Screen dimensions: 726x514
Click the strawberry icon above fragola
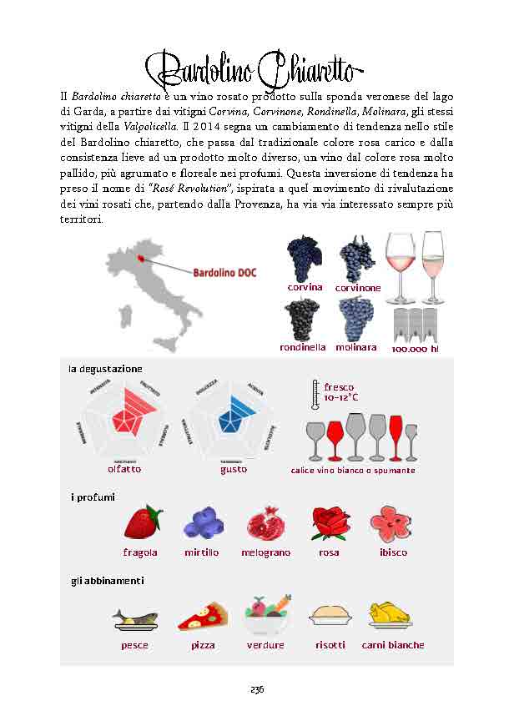[144, 523]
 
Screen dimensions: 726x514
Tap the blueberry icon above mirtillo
[201, 523]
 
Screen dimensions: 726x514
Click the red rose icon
[328, 523]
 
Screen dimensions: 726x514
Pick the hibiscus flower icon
[390, 523]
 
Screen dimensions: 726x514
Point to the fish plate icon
[134, 618]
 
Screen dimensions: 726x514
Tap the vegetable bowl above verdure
[266, 615]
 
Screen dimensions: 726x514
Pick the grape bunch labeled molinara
[356, 318]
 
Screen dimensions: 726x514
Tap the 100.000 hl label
[415, 349]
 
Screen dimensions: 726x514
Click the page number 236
[257, 689]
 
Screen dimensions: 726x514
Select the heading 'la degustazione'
[105, 368]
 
